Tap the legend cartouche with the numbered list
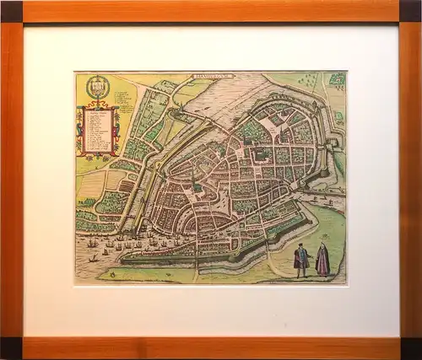tap(98, 130)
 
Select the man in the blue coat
tap(301, 259)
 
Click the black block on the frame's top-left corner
tap(11, 11)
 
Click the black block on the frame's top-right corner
tap(411, 11)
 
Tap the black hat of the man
tap(300, 245)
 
